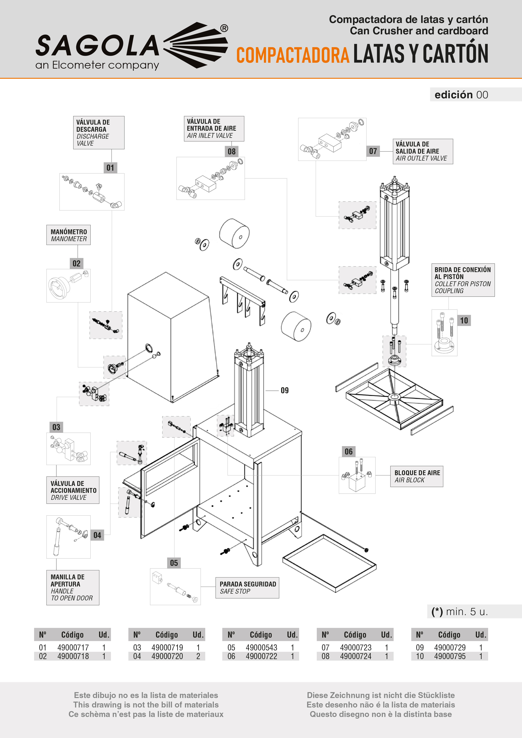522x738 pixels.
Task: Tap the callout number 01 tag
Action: pyautogui.click(x=110, y=168)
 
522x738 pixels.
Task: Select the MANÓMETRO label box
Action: pyautogui.click(x=68, y=235)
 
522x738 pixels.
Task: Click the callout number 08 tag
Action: pyautogui.click(x=232, y=151)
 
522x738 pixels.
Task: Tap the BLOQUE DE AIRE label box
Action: pyautogui.click(x=417, y=476)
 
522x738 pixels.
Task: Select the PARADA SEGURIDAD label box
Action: pyautogui.click(x=247, y=588)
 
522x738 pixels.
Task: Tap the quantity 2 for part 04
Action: pyautogui.click(x=198, y=656)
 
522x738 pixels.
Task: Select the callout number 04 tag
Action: pyautogui.click(x=97, y=535)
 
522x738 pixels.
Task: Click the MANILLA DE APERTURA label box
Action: pyautogui.click(x=73, y=588)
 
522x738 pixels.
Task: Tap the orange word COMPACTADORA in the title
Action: pyautogui.click(x=293, y=55)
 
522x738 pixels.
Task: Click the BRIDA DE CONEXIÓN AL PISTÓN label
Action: pyautogui.click(x=463, y=280)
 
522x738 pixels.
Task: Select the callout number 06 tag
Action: pyautogui.click(x=348, y=452)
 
